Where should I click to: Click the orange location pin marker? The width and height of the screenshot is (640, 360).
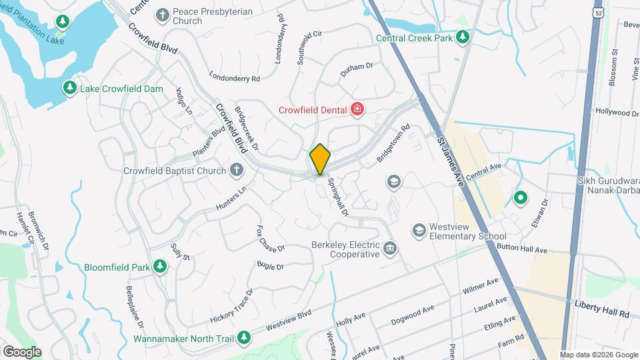click(321, 159)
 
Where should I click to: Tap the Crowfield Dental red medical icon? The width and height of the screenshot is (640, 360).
click(358, 109)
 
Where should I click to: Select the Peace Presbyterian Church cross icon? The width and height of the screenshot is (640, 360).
click(162, 15)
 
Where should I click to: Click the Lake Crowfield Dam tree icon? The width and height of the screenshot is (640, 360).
click(69, 88)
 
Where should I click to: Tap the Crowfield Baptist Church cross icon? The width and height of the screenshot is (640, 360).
click(235, 171)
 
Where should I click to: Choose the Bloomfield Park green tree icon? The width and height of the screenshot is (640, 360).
click(159, 267)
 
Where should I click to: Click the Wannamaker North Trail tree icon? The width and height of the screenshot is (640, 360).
click(245, 338)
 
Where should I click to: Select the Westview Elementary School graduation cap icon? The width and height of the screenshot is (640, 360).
click(419, 231)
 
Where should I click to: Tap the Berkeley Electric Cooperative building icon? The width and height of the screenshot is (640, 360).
click(390, 249)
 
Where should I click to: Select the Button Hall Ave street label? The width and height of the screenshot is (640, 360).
click(523, 250)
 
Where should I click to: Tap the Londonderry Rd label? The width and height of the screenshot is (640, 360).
click(234, 77)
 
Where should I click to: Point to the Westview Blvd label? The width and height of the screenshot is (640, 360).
click(289, 320)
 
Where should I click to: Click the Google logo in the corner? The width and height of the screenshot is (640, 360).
click(22, 351)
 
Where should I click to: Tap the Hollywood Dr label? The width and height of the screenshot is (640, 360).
click(617, 113)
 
